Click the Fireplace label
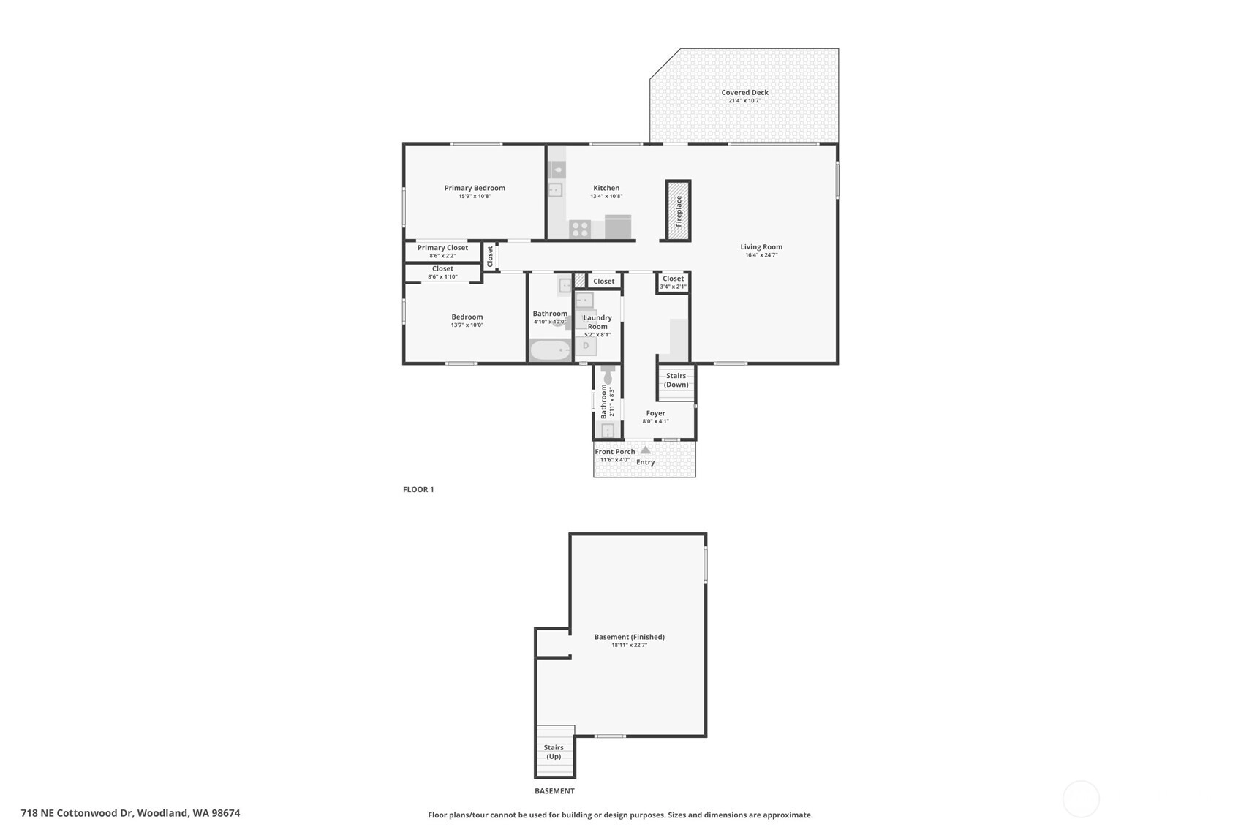[679, 211]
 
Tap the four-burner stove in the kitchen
[579, 230]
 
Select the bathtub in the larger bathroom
[550, 351]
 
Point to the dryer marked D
[586, 346]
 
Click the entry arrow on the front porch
[646, 450]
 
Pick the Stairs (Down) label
[676, 380]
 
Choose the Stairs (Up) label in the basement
[554, 752]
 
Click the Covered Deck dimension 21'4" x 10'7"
[744, 101]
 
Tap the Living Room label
[761, 247]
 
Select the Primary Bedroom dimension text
[475, 196]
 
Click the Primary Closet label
[442, 248]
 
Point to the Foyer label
[655, 413]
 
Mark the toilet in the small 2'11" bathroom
[608, 375]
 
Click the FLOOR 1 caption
[418, 489]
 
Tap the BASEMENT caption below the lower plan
[554, 791]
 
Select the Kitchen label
[606, 188]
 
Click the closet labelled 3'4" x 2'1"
[673, 282]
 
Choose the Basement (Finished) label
[630, 637]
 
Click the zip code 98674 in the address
[225, 813]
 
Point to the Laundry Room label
[597, 322]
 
